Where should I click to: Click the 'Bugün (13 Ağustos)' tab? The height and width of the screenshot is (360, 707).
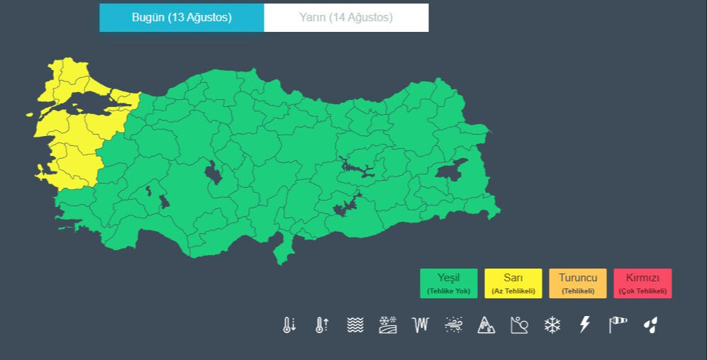pos(182,18)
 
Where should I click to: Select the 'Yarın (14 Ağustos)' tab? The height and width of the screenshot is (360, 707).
pos(346,18)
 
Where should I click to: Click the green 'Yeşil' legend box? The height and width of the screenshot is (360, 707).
pos(448,283)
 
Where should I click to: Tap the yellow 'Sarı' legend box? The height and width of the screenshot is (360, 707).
pos(513,283)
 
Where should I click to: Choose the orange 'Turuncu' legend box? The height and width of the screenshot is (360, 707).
pos(577,283)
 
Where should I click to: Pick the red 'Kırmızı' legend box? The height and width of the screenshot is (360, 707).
pos(642,283)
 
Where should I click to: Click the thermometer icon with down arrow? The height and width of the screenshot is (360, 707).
pos(289,325)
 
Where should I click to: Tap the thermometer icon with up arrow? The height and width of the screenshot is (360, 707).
pos(322,325)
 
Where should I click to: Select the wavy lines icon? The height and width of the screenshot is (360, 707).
pos(355,325)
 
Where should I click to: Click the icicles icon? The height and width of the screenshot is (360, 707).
pos(421,325)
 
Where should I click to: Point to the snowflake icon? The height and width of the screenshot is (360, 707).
pos(552,325)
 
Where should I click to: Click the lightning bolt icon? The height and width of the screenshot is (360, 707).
pos(585,325)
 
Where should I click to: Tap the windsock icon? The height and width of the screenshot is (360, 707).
pos(618,325)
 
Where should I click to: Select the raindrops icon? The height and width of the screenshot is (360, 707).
pos(650,325)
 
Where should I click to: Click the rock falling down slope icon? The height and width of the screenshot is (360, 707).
pos(519,325)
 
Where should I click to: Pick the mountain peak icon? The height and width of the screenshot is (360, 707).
pos(486,325)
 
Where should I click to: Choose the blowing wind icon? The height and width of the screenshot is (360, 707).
pos(454,325)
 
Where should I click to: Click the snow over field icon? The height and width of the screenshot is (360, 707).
pos(388,325)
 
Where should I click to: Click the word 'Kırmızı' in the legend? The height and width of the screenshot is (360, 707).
pos(642,278)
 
